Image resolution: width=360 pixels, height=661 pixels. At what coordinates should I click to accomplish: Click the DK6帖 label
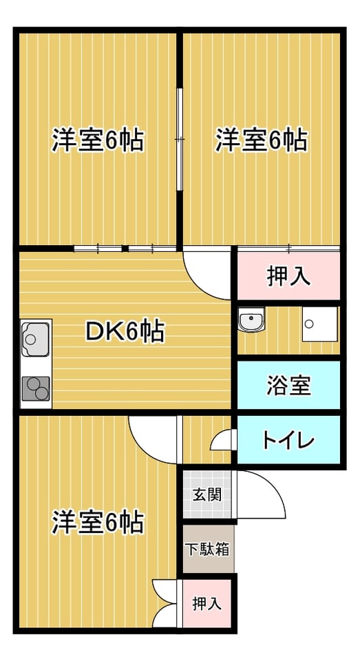[125, 332]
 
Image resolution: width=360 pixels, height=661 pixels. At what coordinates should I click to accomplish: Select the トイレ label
[289, 441]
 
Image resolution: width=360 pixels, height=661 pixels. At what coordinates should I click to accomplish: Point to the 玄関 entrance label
[207, 494]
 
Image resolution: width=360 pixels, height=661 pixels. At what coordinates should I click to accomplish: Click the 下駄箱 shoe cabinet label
[208, 549]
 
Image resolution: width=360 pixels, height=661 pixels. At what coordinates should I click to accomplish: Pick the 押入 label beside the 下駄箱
[207, 604]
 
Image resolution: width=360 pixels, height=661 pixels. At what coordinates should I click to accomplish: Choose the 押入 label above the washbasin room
[289, 277]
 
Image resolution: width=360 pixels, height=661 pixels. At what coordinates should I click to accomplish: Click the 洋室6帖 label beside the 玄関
[98, 523]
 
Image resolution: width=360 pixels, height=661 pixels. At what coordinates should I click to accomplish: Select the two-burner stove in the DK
[36, 388]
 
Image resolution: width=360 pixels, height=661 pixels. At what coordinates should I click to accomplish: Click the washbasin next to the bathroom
[251, 319]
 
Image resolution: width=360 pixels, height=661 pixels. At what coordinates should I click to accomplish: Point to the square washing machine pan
[319, 324]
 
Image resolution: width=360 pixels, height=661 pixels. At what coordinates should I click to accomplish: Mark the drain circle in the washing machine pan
[310, 324]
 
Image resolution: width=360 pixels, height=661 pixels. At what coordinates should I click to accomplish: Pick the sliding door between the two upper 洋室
[180, 139]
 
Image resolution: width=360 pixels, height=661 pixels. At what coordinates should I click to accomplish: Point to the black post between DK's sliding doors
[125, 249]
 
